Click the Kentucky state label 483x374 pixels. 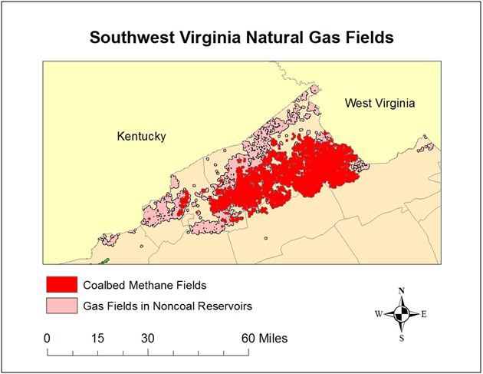coord(141,136)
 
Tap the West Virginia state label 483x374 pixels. coord(379,103)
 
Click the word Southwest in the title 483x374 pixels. coord(128,37)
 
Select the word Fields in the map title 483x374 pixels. coord(368,37)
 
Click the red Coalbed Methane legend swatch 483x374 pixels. coord(61,284)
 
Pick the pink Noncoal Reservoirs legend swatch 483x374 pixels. coord(61,306)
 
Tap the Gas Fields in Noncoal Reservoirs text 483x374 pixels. coord(168,306)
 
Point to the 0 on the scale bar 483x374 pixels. coord(48,337)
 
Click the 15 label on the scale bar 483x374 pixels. coord(97,337)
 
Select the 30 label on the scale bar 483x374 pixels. coord(147,337)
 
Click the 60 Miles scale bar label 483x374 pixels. coord(264,337)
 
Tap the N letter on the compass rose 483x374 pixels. coord(402,290)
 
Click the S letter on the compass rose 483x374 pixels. coord(402,337)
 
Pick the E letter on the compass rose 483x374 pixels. coord(424,314)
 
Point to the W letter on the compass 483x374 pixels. coord(378,314)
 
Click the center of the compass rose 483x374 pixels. coord(402,313)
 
